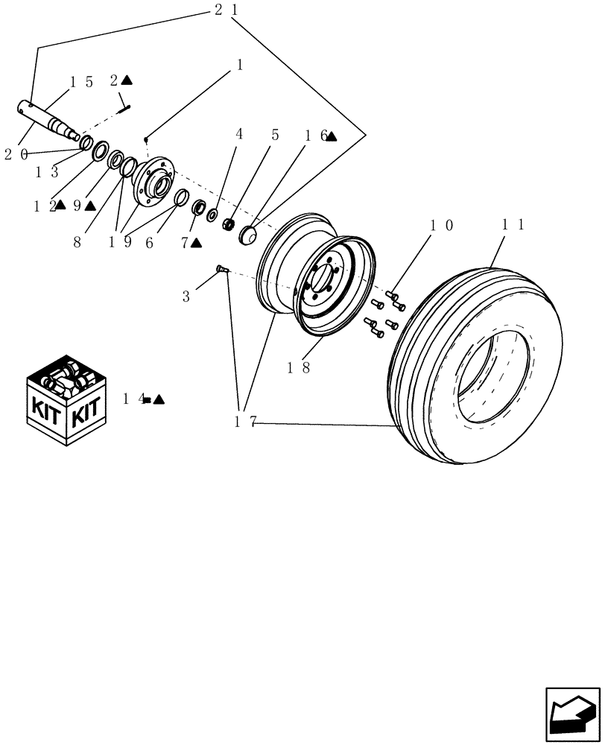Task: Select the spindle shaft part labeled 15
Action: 49,119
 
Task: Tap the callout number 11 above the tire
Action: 514,223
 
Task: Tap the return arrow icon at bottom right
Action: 571,714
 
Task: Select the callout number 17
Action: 245,422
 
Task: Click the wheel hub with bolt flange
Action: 154,181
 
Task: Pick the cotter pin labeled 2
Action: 124,108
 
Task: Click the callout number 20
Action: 16,154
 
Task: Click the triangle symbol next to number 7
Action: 196,243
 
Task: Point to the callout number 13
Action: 47,172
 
